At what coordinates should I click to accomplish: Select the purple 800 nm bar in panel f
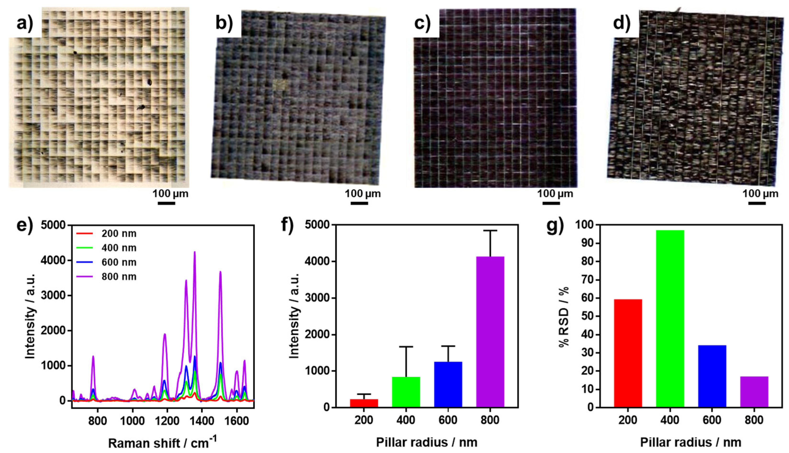tap(490, 332)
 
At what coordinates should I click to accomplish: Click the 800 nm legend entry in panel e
tap(106, 277)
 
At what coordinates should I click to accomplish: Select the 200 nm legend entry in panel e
tap(106, 233)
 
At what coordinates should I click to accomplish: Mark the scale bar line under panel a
tap(166, 203)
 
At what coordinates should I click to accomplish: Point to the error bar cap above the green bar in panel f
tap(406, 347)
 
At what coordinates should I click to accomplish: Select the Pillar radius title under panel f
tap(426, 442)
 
